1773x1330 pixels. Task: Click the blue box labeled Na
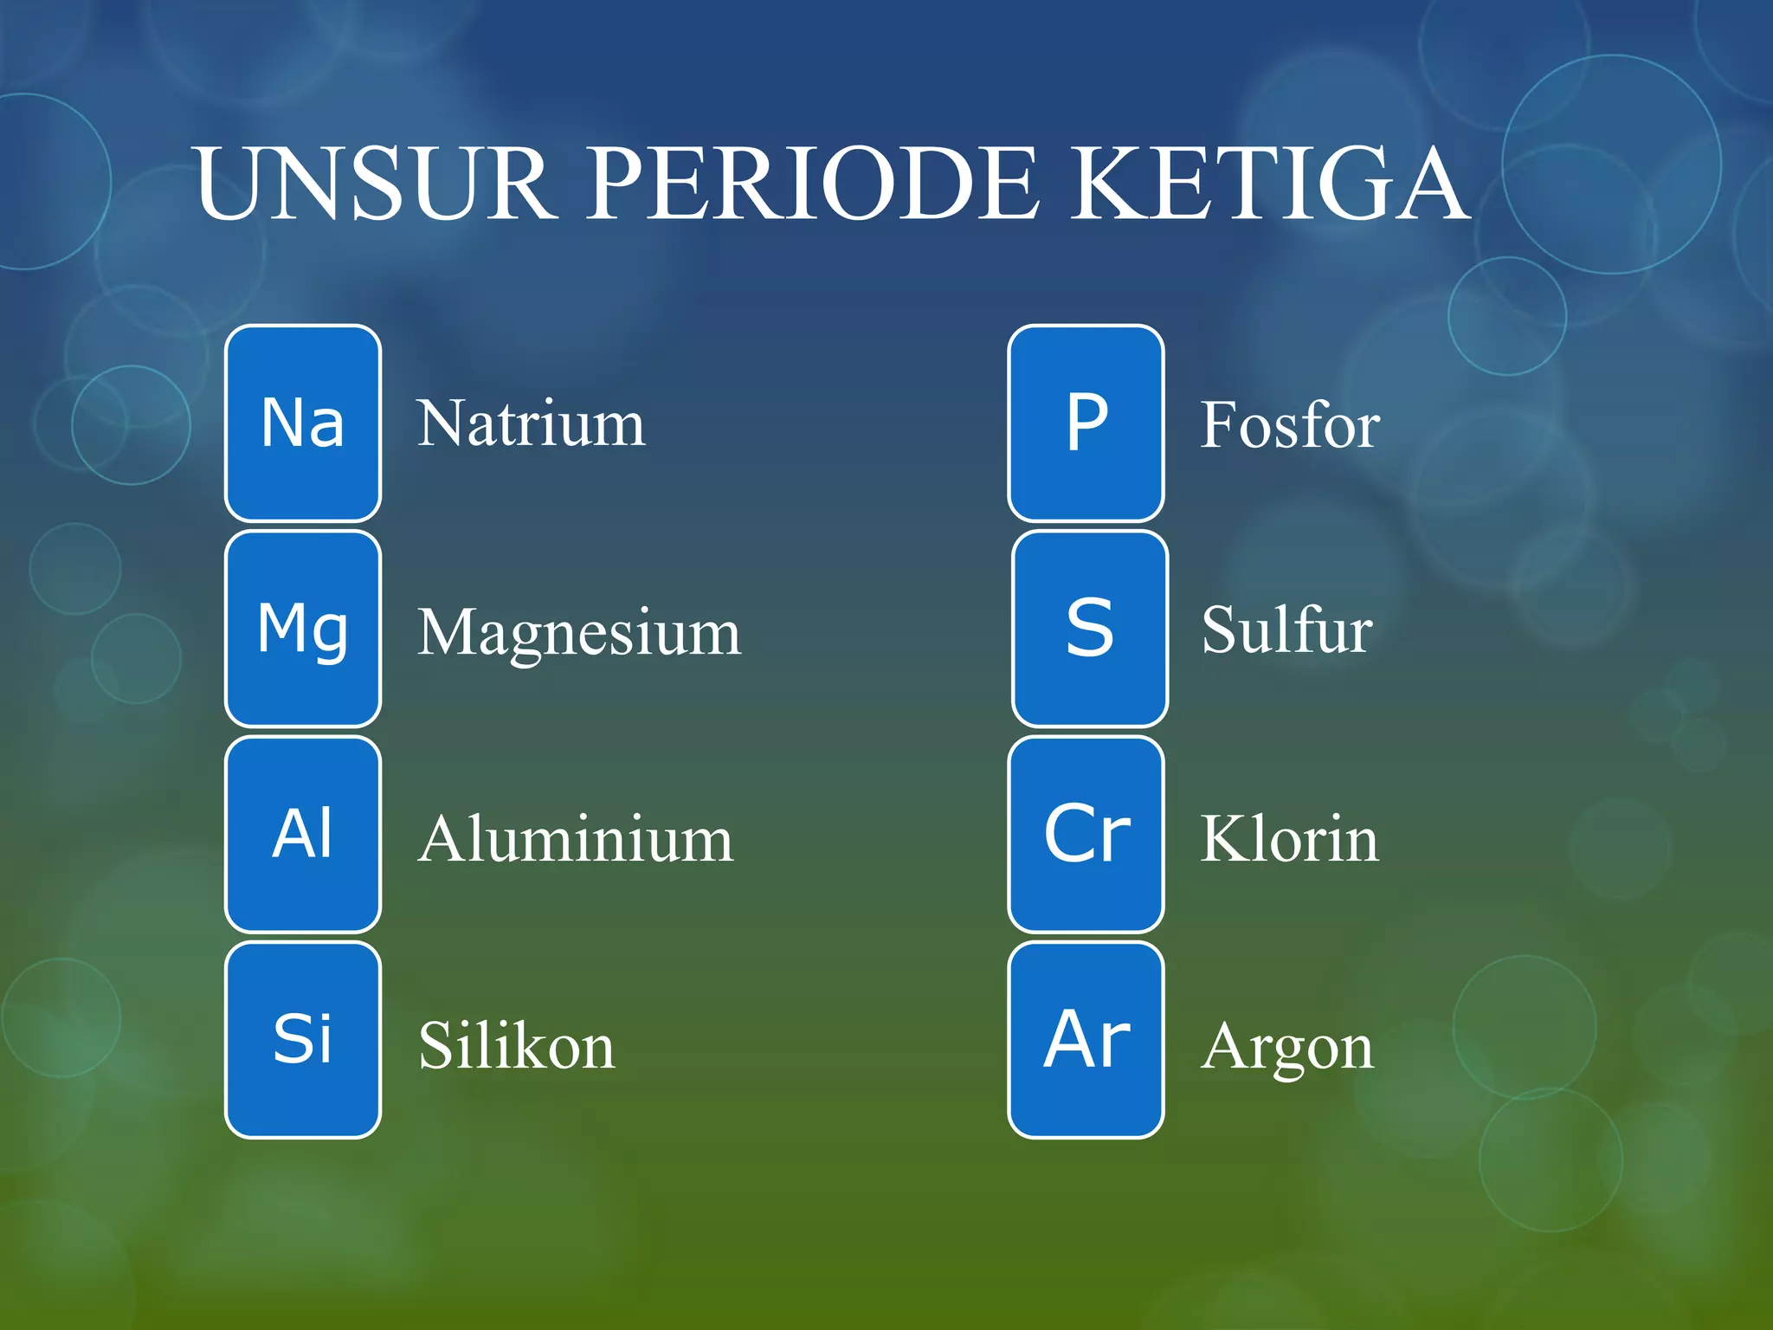[303, 423]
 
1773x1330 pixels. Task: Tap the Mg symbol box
[303, 629]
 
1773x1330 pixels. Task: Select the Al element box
[303, 834]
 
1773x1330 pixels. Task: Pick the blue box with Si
[303, 1039]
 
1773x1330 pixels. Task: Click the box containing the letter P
[1086, 423]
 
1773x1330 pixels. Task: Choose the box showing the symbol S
[1089, 629]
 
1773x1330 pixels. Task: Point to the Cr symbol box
[1086, 834]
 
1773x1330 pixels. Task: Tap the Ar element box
[1086, 1039]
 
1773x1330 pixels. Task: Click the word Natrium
[531, 424]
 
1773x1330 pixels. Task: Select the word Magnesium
[578, 632]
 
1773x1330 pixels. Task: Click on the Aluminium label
[575, 839]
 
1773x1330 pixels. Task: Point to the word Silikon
[516, 1046]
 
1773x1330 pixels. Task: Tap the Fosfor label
[1289, 425]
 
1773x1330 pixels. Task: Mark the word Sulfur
[1286, 630]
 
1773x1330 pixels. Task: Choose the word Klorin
[1289, 839]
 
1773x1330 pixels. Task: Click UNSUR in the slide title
[373, 184]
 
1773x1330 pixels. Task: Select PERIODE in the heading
[812, 184]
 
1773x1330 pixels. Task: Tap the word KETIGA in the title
[1269, 184]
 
